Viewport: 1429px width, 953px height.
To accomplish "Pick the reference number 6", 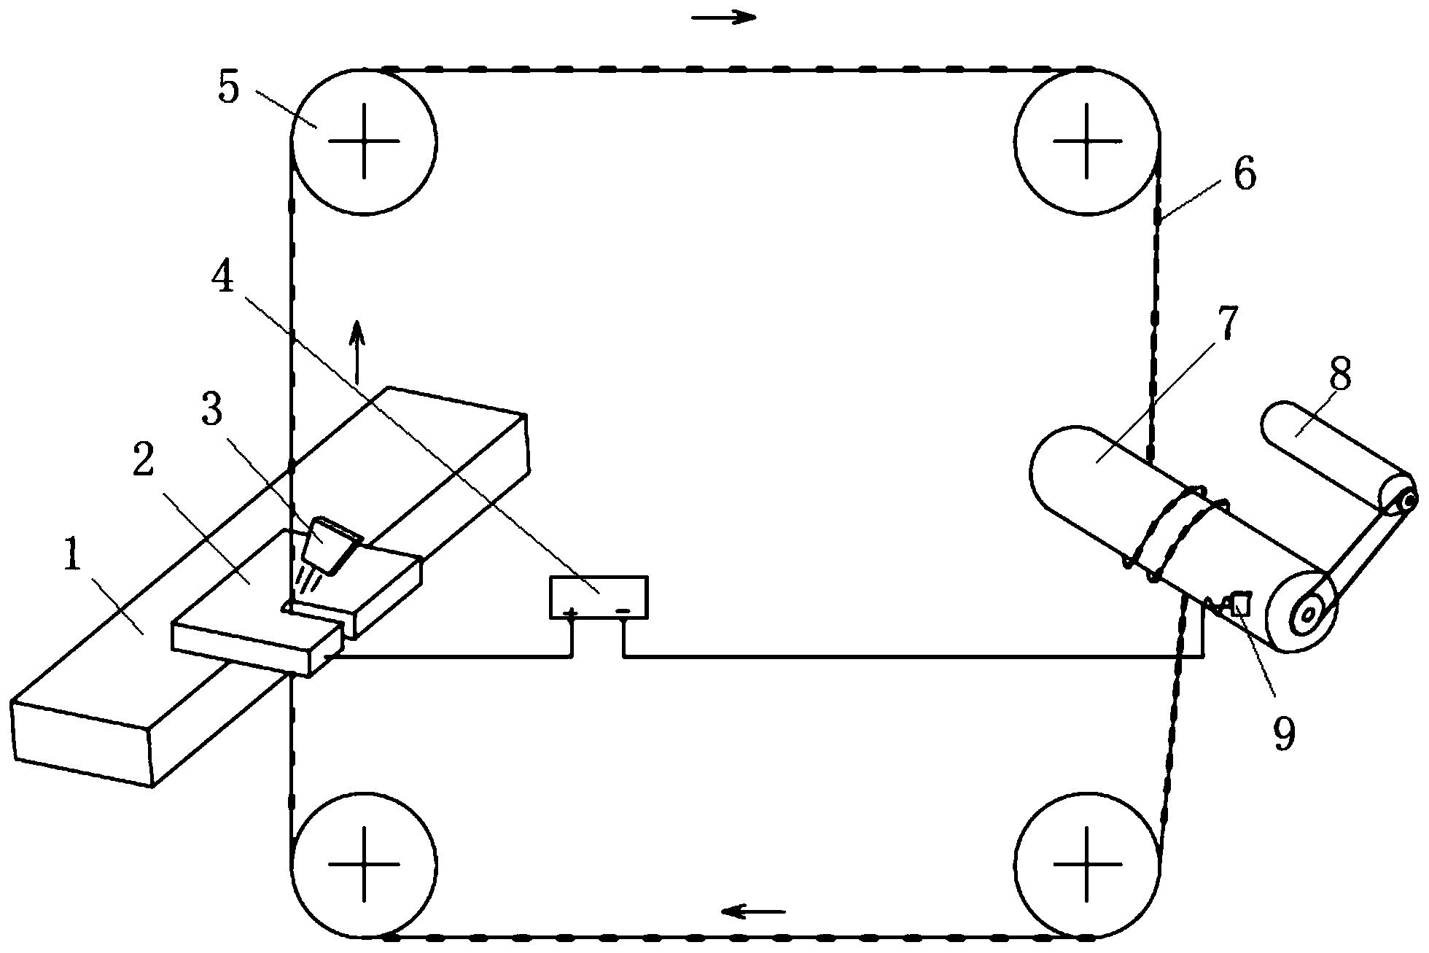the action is (1244, 175).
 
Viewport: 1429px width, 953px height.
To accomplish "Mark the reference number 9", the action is (1283, 734).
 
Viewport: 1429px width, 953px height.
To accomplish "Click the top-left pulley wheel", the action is (364, 141).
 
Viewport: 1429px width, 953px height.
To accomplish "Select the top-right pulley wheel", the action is (1086, 141).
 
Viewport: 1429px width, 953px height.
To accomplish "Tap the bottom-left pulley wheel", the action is (364, 863).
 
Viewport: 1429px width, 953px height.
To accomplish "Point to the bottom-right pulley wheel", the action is (1086, 863).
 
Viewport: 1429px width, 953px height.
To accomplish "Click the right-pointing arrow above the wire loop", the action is (724, 17).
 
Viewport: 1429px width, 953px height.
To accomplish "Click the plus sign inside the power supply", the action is (572, 612).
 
